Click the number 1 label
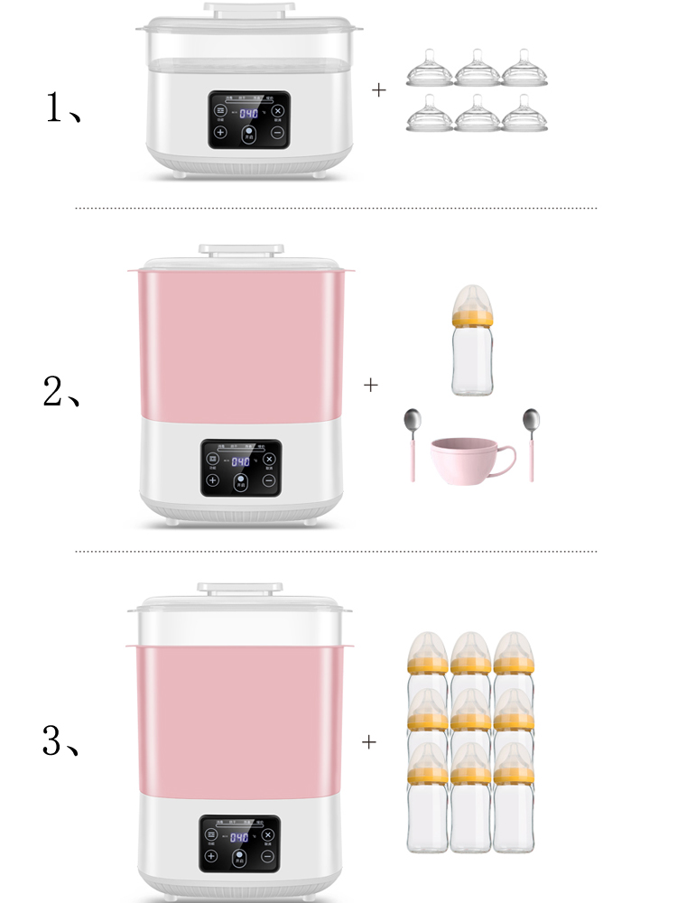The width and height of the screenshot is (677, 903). coord(55,110)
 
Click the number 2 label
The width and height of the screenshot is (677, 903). coord(54,390)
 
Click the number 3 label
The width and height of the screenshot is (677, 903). coord(54,741)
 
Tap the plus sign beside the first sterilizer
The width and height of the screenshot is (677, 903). coord(379,90)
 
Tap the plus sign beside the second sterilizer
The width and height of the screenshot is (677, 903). coord(371,385)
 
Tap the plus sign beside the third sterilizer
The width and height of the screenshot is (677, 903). coord(369,742)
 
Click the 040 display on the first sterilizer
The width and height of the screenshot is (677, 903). coord(248,114)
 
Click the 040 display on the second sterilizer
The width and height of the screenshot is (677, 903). coord(240,461)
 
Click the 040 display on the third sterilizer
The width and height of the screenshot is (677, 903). coord(239,836)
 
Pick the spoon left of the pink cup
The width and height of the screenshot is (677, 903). coord(413,442)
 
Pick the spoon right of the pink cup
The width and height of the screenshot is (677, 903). coord(530,442)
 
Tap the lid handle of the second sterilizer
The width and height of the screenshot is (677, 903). coord(241,249)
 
